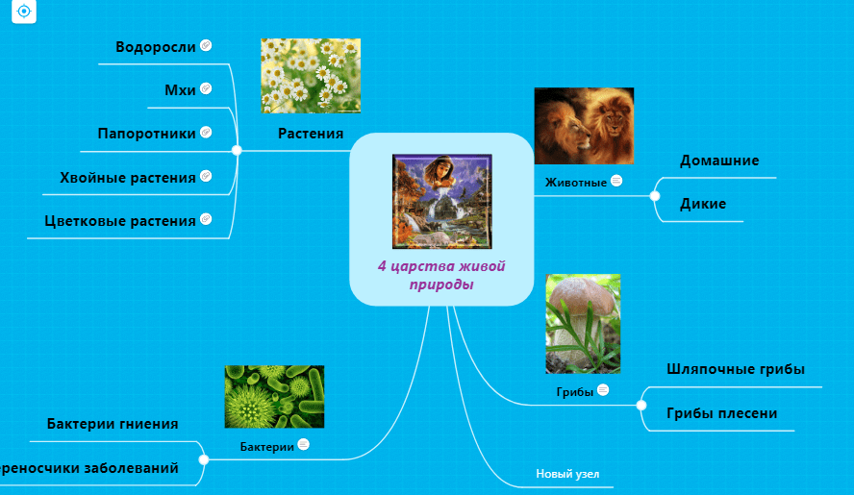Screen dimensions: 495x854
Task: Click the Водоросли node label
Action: (x=156, y=46)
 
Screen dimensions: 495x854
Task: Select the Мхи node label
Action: (x=180, y=89)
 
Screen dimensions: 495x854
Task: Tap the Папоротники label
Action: (x=146, y=133)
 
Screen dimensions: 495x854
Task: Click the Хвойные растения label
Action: (x=128, y=177)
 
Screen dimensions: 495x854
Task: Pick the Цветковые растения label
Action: (x=120, y=220)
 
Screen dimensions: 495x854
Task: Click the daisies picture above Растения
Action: (x=311, y=75)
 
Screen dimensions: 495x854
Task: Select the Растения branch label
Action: (x=311, y=134)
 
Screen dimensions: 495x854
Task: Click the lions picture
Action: (x=584, y=125)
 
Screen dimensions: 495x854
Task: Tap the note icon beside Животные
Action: (x=616, y=181)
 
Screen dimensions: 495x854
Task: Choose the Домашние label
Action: (x=719, y=161)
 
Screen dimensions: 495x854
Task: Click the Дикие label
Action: (x=703, y=204)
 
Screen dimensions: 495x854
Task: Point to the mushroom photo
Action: (x=583, y=324)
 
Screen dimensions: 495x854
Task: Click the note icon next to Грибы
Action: (x=603, y=390)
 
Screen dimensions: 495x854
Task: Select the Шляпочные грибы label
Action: (x=736, y=369)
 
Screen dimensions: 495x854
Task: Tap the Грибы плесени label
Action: (x=721, y=413)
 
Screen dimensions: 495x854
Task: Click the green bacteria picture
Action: (x=274, y=396)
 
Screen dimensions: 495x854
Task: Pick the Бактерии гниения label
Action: (x=113, y=423)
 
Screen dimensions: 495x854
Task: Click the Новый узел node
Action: (x=561, y=474)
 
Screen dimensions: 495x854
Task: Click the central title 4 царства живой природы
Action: (x=441, y=275)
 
